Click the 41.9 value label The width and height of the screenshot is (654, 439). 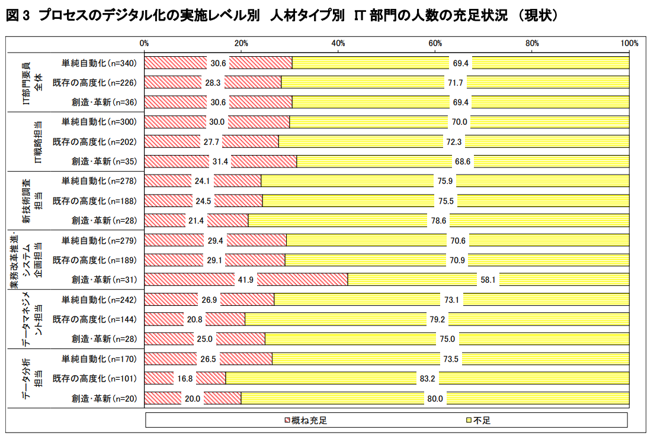point(246,280)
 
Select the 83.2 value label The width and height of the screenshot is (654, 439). point(428,379)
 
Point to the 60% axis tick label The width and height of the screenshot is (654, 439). point(435,43)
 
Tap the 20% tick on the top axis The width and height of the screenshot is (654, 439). point(241,43)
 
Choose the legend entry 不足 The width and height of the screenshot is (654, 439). point(478,421)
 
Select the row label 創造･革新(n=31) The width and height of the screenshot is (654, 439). point(104,280)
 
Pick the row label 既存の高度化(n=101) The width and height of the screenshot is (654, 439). point(95,379)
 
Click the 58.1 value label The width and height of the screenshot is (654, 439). point(488,280)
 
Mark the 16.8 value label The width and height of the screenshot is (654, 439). point(185,379)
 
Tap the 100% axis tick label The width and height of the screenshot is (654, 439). point(629,43)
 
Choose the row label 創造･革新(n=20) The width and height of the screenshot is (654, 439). point(104,398)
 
